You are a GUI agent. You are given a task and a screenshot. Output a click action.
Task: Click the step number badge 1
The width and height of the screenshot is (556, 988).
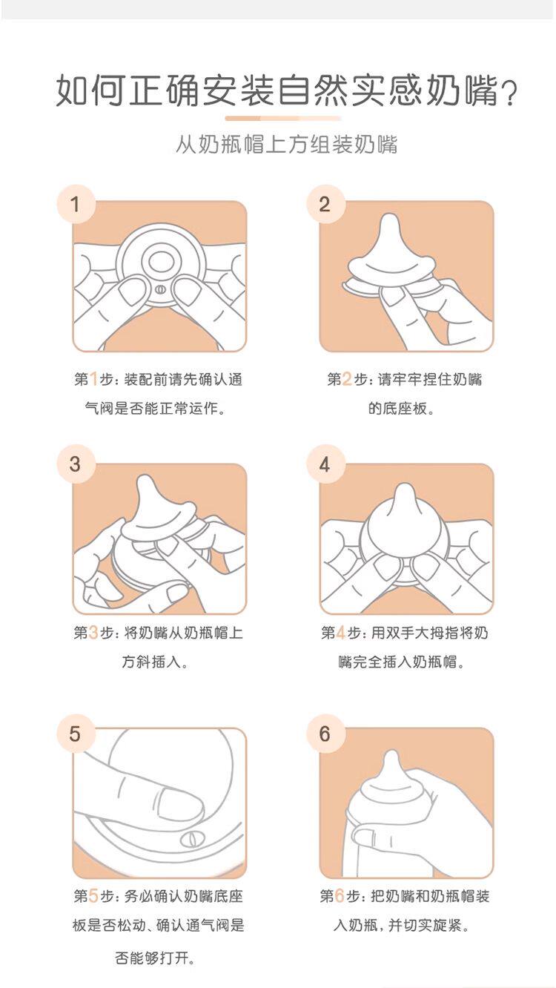(x=76, y=204)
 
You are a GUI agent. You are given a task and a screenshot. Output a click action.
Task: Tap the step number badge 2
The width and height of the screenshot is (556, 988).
(x=325, y=204)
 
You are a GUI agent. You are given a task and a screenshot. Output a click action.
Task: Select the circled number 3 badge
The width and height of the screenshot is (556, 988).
(x=76, y=464)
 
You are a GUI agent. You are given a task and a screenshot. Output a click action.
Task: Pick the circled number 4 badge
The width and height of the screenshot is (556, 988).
(x=325, y=464)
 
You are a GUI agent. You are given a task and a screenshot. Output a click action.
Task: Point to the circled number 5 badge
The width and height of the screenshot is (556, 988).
(x=76, y=734)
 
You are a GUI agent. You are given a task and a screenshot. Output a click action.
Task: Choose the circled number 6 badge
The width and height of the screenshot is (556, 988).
(x=325, y=734)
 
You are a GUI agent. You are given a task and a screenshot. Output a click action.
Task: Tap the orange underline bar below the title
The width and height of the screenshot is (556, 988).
(x=283, y=118)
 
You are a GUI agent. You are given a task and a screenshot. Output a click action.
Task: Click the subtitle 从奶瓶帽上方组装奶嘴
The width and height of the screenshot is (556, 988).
(x=287, y=144)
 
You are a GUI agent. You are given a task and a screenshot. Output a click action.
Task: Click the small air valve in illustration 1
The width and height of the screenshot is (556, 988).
(x=159, y=290)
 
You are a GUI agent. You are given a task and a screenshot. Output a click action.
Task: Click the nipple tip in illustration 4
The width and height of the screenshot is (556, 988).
(x=405, y=489)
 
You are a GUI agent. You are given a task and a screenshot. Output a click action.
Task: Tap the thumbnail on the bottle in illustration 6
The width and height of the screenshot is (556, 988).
(x=363, y=833)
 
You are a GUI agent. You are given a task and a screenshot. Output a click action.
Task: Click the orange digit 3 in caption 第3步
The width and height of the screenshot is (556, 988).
(x=93, y=633)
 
